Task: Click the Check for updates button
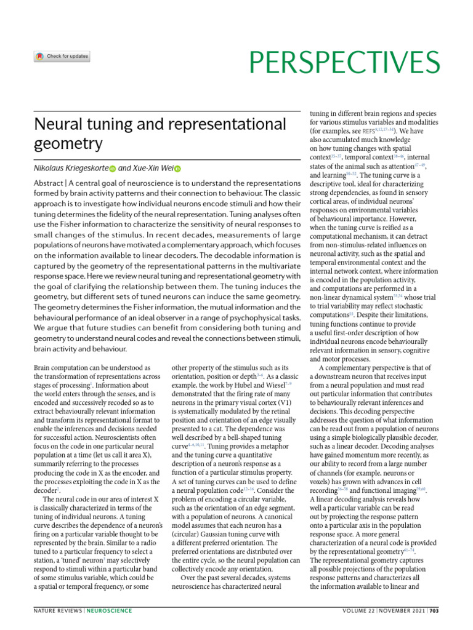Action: click(62, 57)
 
